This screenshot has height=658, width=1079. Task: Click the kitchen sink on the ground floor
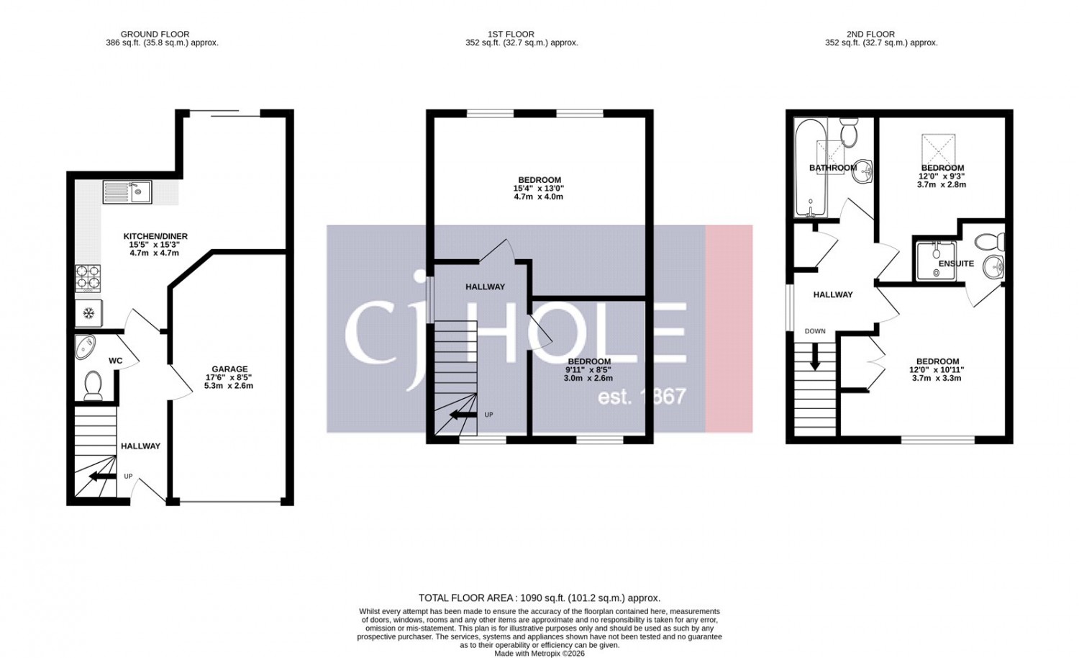coord(127,191)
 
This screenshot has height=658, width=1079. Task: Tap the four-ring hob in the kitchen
coord(88,278)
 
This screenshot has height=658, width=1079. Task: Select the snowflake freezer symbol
coord(88,314)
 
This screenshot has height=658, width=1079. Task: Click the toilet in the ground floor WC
coord(93,386)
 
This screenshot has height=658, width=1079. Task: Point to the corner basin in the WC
coord(86,347)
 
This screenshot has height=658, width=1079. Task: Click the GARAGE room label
coord(229,369)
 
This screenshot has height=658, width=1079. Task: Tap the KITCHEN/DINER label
coord(155,236)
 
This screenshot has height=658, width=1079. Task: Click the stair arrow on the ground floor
coord(103,477)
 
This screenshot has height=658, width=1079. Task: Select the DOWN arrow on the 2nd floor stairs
coord(814,356)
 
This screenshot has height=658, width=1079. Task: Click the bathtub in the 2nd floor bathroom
coord(811,168)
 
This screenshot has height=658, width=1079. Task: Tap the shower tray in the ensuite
coord(936,261)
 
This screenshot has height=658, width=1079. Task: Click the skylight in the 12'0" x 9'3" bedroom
coord(938,150)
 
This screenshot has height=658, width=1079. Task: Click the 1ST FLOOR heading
coord(511,35)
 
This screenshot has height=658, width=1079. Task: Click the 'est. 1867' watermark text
coord(642,397)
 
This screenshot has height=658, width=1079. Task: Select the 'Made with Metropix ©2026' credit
coord(539,654)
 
